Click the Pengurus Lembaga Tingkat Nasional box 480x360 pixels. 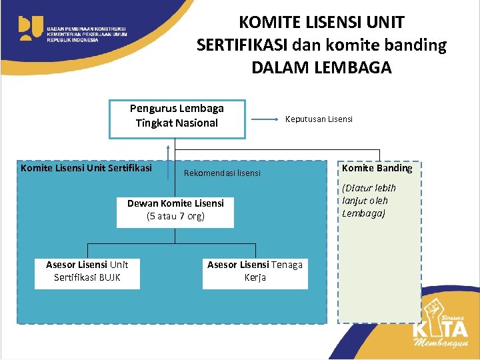point(177,119)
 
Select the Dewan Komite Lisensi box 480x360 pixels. point(175,209)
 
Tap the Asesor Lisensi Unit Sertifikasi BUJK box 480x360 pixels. point(87,271)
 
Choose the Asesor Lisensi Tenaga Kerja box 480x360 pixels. point(255,271)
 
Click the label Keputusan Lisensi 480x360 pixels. point(319,119)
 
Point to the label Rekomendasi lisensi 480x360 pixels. point(222,173)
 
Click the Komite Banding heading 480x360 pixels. point(377,168)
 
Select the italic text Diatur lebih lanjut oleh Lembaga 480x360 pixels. point(369,201)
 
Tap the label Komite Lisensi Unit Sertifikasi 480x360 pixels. point(86,168)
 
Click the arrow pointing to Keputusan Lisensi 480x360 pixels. point(265,119)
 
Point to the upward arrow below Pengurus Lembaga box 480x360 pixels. point(168,150)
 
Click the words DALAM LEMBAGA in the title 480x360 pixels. point(321,68)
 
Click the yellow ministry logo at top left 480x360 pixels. point(31,28)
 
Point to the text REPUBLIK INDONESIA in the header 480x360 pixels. point(72,40)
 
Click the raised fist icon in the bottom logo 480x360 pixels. point(434,309)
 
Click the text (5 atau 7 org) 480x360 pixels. point(175,216)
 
